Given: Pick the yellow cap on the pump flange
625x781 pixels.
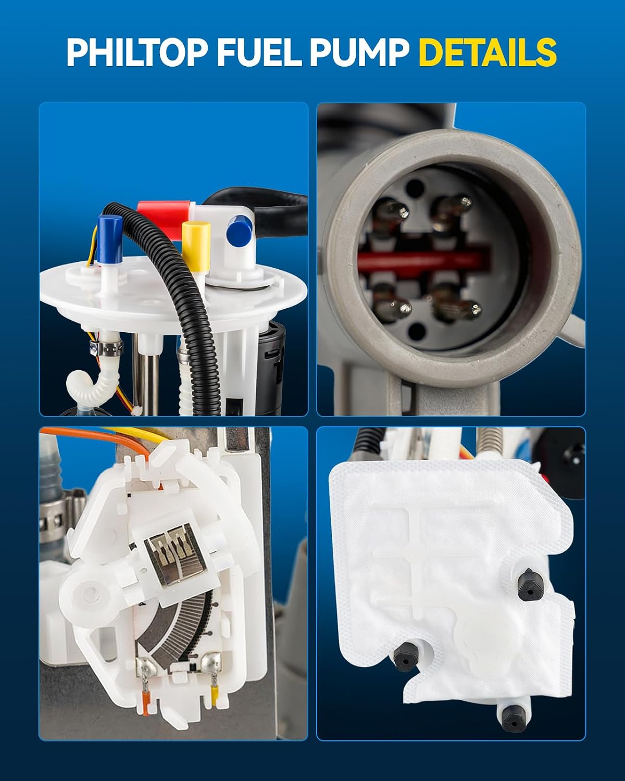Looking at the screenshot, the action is pos(196,243).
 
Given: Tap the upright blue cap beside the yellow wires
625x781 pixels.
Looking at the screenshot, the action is pos(110,239).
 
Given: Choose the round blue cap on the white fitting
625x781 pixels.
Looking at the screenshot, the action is pos(240,231).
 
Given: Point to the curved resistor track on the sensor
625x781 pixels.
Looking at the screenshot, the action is pos(175,628).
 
